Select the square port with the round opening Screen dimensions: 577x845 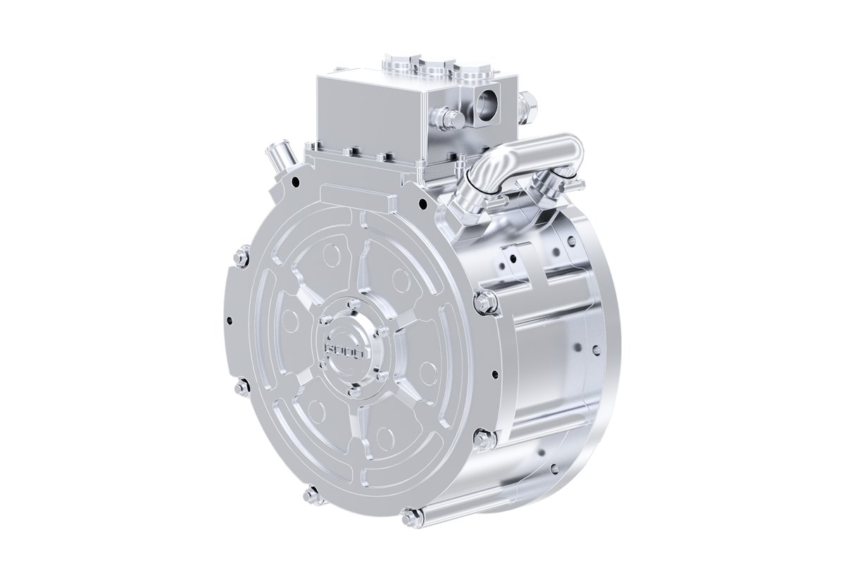[485, 105]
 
